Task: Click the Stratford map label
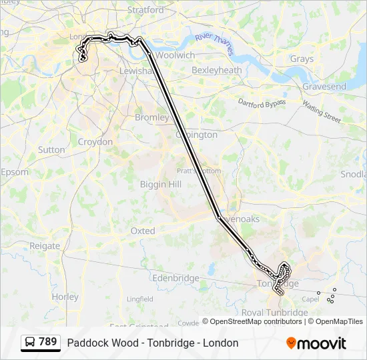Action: click(x=145, y=11)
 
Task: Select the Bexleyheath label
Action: click(x=216, y=70)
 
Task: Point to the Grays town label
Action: click(x=301, y=59)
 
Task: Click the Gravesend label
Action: click(x=324, y=87)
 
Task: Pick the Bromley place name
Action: click(x=152, y=117)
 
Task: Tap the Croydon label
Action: click(x=95, y=142)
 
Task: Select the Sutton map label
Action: click(x=51, y=150)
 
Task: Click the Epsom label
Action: click(x=15, y=172)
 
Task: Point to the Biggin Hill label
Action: click(x=160, y=184)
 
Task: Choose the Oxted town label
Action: click(x=142, y=231)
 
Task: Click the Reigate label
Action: click(x=45, y=245)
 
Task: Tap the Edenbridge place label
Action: click(x=175, y=278)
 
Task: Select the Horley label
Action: click(x=65, y=297)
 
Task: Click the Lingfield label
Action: click(x=139, y=299)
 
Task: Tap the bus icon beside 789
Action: click(x=30, y=343)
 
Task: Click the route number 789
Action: click(x=48, y=342)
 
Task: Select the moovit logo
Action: click(x=316, y=343)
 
